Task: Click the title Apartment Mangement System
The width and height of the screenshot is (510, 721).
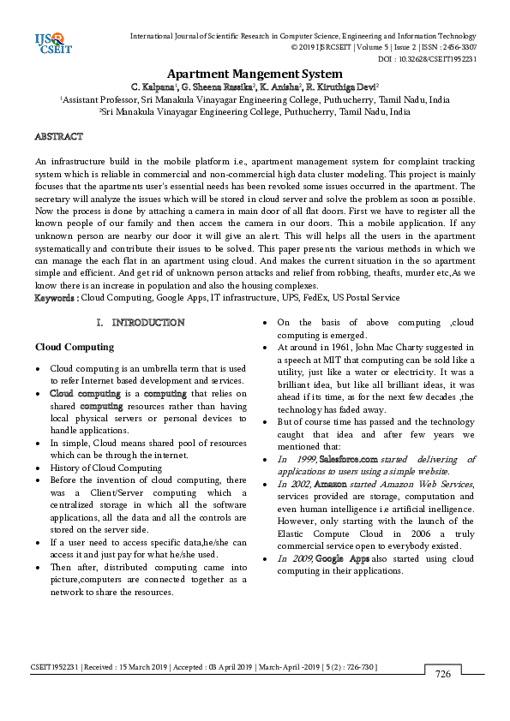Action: click(x=254, y=74)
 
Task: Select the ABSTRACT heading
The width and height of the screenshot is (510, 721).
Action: click(x=58, y=137)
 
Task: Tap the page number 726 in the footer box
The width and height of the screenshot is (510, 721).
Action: click(x=442, y=674)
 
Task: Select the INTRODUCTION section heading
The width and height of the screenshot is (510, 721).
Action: click(x=147, y=323)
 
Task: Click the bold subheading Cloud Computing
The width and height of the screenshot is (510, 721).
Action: click(x=74, y=347)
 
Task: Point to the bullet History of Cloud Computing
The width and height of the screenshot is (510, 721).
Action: click(x=105, y=468)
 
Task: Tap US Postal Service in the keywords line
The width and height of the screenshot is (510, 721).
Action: click(x=367, y=298)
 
